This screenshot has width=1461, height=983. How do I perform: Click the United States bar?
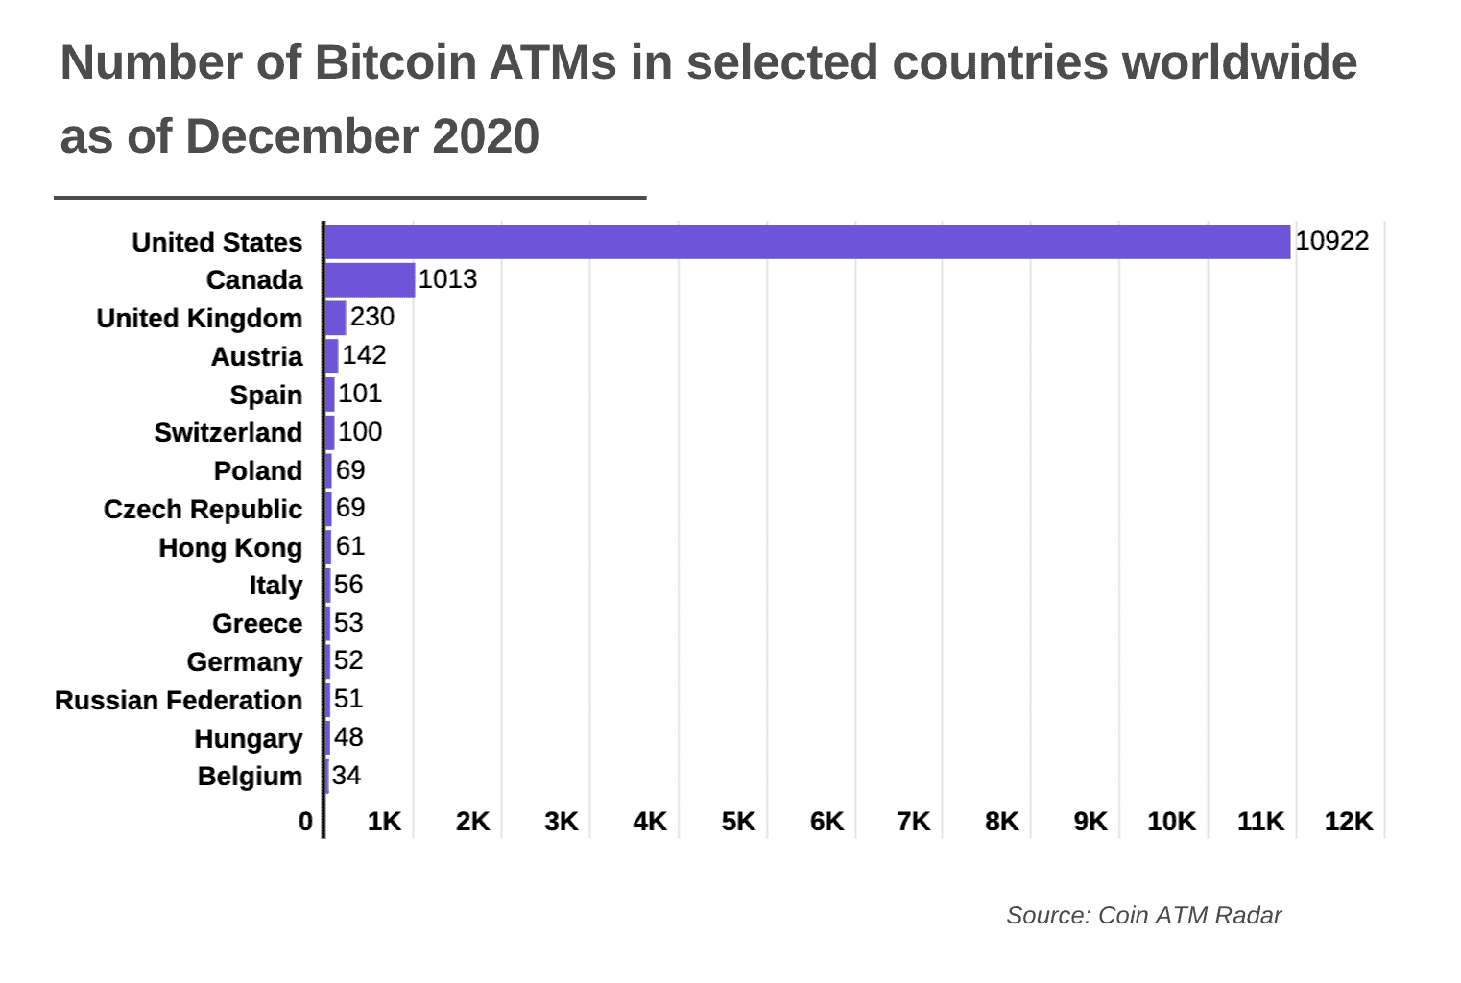(x=806, y=242)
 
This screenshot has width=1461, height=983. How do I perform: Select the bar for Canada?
(x=370, y=280)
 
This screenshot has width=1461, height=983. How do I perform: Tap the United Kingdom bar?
(x=335, y=318)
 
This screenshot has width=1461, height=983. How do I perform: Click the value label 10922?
(x=1331, y=241)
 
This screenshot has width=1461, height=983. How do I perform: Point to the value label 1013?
(x=447, y=279)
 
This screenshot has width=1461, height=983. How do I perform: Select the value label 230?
(x=371, y=317)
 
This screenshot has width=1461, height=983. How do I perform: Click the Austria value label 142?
(x=364, y=355)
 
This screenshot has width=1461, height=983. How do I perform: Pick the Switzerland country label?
(x=228, y=433)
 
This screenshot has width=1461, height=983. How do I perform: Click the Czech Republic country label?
(x=203, y=509)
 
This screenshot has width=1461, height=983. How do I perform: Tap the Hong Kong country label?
(x=230, y=547)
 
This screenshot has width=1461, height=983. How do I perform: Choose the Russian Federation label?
(x=179, y=700)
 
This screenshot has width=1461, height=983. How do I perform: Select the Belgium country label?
(x=250, y=776)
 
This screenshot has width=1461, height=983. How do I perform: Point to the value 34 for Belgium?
(x=346, y=776)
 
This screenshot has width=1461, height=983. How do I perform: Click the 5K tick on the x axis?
(x=738, y=822)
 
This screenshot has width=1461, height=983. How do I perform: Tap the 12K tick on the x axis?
(x=1349, y=822)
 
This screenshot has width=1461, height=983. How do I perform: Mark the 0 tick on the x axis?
(x=305, y=822)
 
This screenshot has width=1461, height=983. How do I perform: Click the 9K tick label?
(x=1090, y=822)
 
